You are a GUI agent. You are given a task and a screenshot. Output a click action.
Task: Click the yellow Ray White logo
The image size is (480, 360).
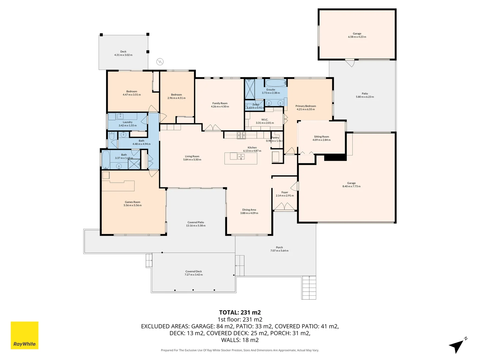click(24, 335)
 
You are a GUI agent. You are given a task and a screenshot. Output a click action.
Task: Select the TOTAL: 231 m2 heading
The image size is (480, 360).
click(240, 312)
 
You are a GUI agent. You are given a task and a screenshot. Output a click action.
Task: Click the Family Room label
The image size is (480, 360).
click(220, 103)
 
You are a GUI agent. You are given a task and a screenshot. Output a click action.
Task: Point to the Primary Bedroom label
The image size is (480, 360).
click(305, 106)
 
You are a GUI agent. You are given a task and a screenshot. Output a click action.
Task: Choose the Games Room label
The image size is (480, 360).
click(132, 202)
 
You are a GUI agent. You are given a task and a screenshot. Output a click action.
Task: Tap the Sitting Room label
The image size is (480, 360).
click(321, 137)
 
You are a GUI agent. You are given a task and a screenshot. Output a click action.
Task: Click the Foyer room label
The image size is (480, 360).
click(285, 192)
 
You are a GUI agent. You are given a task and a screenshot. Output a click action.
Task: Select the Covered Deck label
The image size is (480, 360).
click(194, 271)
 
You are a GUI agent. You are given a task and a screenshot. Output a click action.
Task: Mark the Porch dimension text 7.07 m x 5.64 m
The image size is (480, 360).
click(279, 251)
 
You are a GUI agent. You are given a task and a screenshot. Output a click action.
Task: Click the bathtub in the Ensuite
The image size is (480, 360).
click(275, 83)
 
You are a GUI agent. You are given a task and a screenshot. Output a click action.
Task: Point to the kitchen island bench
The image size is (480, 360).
click(241, 158)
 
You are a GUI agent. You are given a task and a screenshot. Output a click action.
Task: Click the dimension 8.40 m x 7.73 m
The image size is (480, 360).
click(351, 186)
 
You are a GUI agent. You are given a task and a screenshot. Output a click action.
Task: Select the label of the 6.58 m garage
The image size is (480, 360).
click(357, 34)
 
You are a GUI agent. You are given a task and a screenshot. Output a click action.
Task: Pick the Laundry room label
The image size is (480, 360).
click(127, 122)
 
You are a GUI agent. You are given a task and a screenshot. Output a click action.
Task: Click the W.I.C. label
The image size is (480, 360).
click(265, 120)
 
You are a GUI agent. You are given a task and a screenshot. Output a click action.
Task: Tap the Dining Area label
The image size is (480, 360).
click(249, 210)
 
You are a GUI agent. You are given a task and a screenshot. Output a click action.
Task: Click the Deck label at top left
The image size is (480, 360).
click(123, 52)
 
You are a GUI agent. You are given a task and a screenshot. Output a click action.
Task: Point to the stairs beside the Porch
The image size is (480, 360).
click(309, 288)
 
